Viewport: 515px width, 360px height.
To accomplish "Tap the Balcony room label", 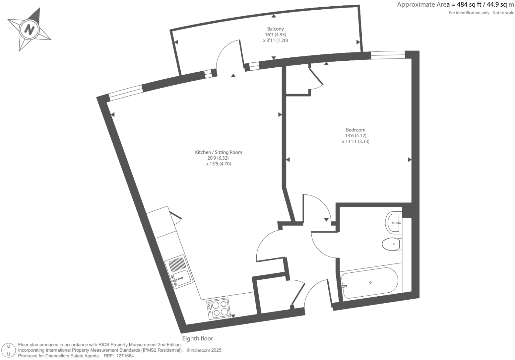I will [x=275, y=29].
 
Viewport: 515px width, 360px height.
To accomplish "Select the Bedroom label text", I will [x=355, y=130].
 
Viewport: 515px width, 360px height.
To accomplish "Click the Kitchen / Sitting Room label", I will [x=218, y=152].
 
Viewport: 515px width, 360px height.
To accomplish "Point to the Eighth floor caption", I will [x=197, y=338].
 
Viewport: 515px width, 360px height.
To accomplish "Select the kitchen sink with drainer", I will [x=179, y=271].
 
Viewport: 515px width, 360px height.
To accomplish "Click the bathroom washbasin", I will [x=394, y=222].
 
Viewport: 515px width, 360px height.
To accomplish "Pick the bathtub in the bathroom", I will [x=369, y=283].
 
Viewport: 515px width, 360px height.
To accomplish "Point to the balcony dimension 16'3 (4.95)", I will [x=275, y=35].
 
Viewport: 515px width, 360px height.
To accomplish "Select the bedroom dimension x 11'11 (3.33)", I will [x=355, y=141].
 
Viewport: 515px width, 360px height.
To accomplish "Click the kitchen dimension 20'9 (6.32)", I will [x=218, y=158].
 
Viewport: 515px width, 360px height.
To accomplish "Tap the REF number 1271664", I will [x=124, y=356].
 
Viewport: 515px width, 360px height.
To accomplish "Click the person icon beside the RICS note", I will [x=9, y=350].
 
